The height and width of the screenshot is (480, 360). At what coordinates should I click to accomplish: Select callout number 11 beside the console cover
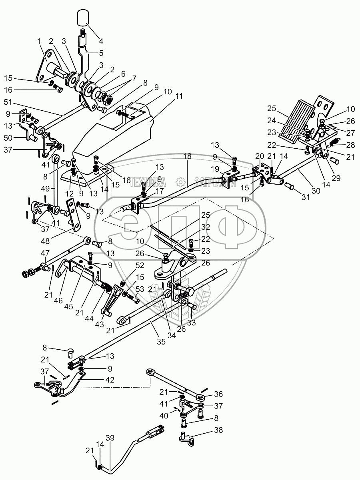click(x=178, y=96)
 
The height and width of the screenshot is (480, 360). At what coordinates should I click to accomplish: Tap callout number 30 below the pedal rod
click(x=316, y=191)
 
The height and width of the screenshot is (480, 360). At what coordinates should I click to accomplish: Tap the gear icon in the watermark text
click(x=180, y=182)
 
